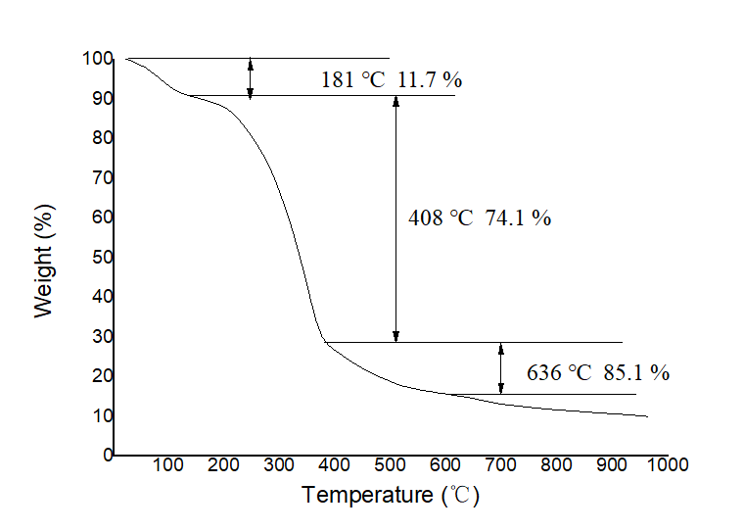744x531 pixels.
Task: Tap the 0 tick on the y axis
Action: click(106, 456)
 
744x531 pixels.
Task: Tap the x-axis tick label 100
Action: click(169, 464)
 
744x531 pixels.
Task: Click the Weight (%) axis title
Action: click(42, 259)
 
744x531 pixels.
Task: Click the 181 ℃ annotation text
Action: click(353, 80)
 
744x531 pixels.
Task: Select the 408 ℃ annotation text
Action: click(441, 218)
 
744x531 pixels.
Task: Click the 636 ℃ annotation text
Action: click(559, 372)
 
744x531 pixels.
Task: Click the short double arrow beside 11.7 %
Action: click(251, 77)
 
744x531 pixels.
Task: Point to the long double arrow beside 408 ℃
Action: click(395, 218)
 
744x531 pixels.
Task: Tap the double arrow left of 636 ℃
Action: click(501, 367)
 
